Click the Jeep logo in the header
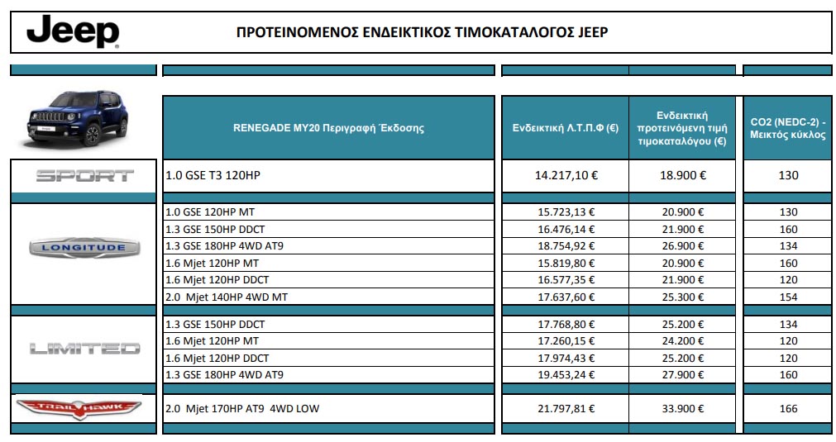pyautogui.click(x=73, y=32)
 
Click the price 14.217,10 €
pyautogui.click(x=566, y=175)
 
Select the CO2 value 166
pyautogui.click(x=788, y=408)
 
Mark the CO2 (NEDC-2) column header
pyautogui.click(x=788, y=128)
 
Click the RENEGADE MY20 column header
pyautogui.click(x=328, y=128)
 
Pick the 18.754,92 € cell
pyautogui.click(x=566, y=246)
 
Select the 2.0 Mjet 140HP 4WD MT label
pyautogui.click(x=227, y=297)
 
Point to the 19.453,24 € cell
pyautogui.click(x=566, y=374)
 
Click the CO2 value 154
pyautogui.click(x=788, y=297)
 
